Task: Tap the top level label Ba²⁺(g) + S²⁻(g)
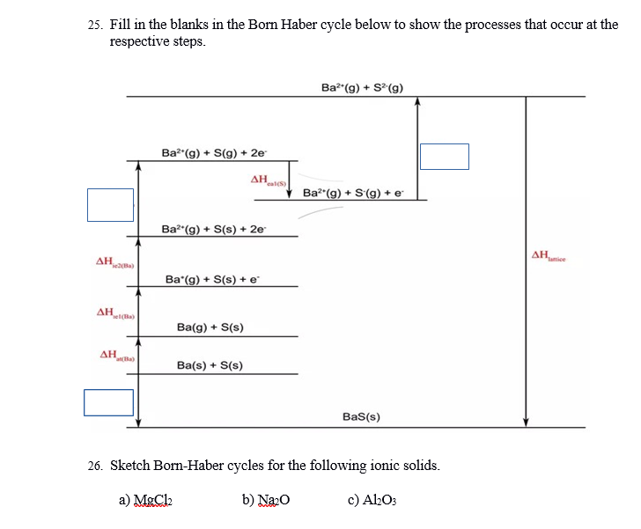tap(363, 87)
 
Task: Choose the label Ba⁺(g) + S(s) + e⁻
tap(211, 279)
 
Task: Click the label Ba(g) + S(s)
tap(210, 327)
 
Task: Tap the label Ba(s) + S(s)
tap(210, 365)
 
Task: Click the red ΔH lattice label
tap(554, 257)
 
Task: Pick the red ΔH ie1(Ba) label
tap(114, 314)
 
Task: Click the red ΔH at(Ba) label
tap(117, 356)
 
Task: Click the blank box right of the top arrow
tap(445, 156)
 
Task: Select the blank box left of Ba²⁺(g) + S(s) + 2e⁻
tap(110, 205)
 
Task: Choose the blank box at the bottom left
tap(108, 402)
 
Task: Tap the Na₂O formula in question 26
tap(272, 501)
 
